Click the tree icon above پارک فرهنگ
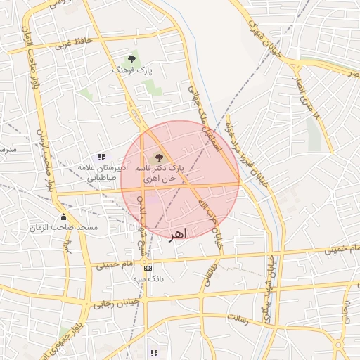coord(131,60)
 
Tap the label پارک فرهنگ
coord(130,71)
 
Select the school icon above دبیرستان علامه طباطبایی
coord(102,157)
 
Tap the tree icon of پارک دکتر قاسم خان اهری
coord(157,157)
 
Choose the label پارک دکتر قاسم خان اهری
coord(161,174)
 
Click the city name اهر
coord(178,233)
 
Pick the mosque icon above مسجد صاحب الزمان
coord(64,217)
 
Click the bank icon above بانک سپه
coord(147,268)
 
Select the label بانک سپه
coord(148,279)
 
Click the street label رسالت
coord(238,319)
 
